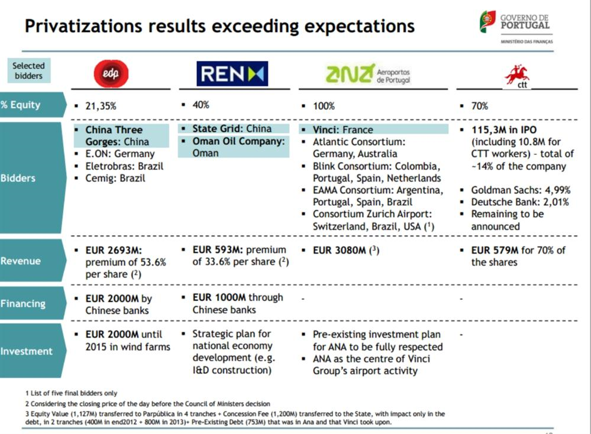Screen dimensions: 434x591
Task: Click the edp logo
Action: point(111,74)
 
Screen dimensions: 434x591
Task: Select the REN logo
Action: point(232,74)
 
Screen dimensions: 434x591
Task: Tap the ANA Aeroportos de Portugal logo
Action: point(368,74)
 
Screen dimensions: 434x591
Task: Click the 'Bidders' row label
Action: point(19,178)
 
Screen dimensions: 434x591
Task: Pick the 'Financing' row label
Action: point(24,303)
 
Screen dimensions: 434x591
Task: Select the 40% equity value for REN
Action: point(201,105)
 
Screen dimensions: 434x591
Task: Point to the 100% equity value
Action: point(324,106)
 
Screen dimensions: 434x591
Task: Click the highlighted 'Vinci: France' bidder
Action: point(343,129)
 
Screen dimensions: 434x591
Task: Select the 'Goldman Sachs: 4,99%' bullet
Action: point(520,190)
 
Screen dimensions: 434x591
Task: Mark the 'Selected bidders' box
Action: point(28,71)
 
